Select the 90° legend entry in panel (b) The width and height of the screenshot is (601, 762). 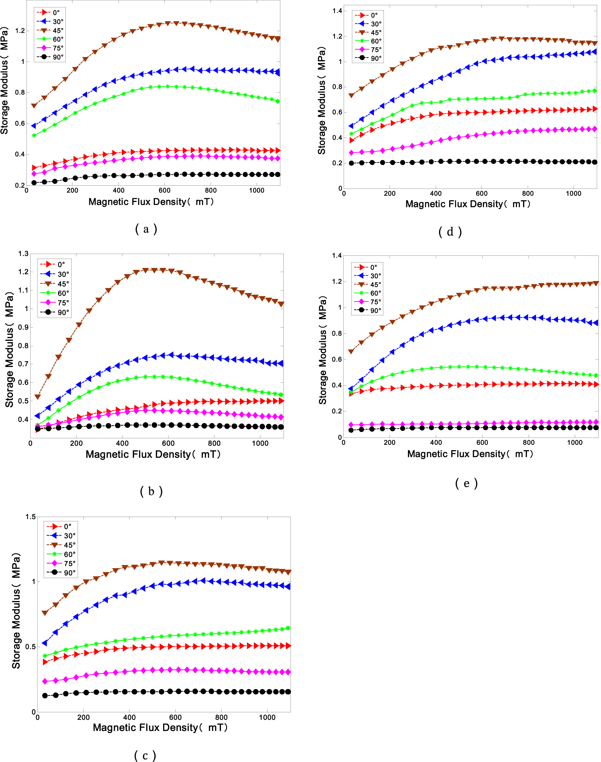[55, 312]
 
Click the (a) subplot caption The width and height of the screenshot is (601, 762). [146, 229]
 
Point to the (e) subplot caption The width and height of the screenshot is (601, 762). [466, 484]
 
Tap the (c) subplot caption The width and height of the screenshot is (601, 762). [145, 755]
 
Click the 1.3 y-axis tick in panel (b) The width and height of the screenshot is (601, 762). [23, 253]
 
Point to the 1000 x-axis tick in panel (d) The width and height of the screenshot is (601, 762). [574, 193]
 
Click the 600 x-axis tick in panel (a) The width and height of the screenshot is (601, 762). [164, 191]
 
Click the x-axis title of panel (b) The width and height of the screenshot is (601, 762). [153, 454]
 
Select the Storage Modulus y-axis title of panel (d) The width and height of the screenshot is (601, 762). [322, 101]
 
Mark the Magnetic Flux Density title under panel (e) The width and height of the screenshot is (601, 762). [470, 454]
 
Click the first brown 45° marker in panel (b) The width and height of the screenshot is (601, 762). [37, 397]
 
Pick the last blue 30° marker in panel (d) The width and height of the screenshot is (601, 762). [595, 52]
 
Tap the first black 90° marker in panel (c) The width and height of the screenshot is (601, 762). [45, 695]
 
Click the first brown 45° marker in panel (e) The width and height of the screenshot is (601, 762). [351, 351]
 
